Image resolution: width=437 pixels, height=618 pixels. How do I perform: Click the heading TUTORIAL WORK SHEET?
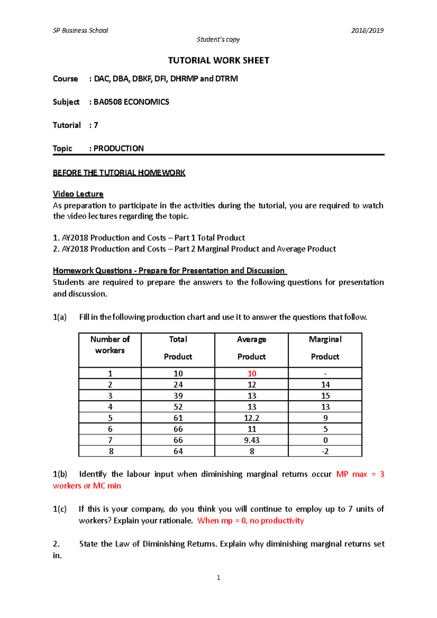click(x=219, y=60)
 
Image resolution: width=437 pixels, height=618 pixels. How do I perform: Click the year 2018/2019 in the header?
click(x=367, y=31)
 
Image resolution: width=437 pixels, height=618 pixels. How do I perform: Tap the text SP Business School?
click(x=80, y=31)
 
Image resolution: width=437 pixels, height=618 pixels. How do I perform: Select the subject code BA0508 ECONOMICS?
click(x=131, y=102)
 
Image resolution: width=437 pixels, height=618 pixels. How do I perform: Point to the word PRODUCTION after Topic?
click(x=119, y=148)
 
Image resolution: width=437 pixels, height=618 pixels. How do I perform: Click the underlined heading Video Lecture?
click(x=78, y=194)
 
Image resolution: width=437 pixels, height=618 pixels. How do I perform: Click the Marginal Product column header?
click(x=325, y=348)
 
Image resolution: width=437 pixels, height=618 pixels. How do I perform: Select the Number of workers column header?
click(x=110, y=345)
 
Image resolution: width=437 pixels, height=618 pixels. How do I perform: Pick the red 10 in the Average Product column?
click(x=252, y=373)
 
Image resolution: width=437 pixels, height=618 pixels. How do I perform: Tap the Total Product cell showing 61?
click(x=178, y=418)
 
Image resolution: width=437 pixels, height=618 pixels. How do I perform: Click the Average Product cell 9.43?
click(x=252, y=440)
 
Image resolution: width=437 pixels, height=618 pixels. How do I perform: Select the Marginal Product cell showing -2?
click(x=325, y=451)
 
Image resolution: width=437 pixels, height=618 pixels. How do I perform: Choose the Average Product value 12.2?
click(x=252, y=418)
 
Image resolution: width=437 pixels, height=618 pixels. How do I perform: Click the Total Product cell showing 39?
click(x=178, y=396)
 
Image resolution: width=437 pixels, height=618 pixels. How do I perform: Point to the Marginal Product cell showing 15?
click(x=325, y=396)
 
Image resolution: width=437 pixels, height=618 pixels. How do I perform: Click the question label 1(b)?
click(x=60, y=474)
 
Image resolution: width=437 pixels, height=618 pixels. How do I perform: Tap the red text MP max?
click(x=351, y=474)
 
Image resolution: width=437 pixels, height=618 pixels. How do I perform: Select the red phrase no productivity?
click(x=277, y=521)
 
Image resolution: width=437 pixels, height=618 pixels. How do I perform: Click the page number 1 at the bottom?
click(x=219, y=578)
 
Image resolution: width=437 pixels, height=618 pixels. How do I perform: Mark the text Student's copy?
click(x=218, y=39)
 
